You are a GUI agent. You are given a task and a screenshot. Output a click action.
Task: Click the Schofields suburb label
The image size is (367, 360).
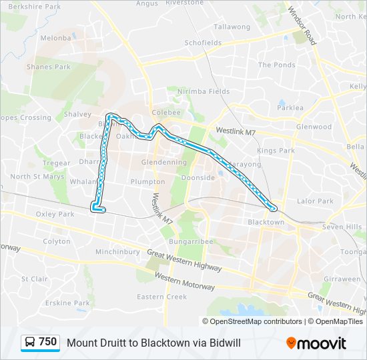pyautogui.click(x=203, y=43)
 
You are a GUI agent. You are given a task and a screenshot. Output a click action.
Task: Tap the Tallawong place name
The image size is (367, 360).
pyautogui.click(x=232, y=27)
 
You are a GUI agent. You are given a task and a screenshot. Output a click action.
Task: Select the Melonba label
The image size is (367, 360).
pyautogui.click(x=55, y=38)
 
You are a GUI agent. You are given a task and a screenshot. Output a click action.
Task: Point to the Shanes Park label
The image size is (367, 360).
pyautogui.click(x=48, y=67)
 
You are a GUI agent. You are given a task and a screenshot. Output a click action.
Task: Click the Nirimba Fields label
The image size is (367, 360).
pyautogui.click(x=203, y=91)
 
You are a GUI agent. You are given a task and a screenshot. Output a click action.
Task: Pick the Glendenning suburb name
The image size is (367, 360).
pyautogui.click(x=164, y=162)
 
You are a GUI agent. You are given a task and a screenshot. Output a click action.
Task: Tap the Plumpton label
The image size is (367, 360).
pyautogui.click(x=147, y=181)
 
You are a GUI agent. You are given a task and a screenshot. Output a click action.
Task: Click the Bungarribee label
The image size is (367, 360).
pyautogui.click(x=190, y=240)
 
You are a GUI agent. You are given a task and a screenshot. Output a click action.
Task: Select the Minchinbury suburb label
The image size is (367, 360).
pyautogui.click(x=117, y=252)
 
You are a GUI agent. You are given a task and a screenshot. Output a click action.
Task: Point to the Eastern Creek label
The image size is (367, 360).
pyautogui.click(x=161, y=297)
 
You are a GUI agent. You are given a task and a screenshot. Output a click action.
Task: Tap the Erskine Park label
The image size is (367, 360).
pyautogui.click(x=67, y=303)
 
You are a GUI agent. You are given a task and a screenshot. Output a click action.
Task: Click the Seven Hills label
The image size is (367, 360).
pyautogui.click(x=342, y=227)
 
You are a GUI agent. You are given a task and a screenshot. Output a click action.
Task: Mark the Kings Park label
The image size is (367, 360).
pyautogui.click(x=276, y=151)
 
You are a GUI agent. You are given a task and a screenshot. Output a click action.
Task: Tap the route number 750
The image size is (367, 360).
pyautogui.click(x=47, y=342)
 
